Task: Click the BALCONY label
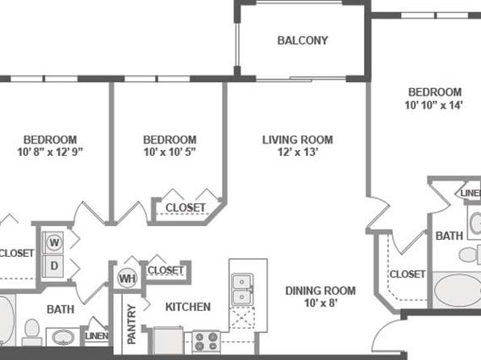pyautogui.click(x=303, y=40)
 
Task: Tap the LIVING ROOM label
pyautogui.click(x=297, y=140)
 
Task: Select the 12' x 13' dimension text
pyautogui.click(x=297, y=152)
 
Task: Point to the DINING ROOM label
pyautogui.click(x=320, y=291)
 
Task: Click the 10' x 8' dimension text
pyautogui.click(x=320, y=303)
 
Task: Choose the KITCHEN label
pyautogui.click(x=188, y=307)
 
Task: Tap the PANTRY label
pyautogui.click(x=132, y=324)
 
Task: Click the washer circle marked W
pyautogui.click(x=54, y=242)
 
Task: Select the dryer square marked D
pyautogui.click(x=54, y=266)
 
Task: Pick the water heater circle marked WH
pyautogui.click(x=127, y=278)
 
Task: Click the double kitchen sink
pyautogui.click(x=242, y=289)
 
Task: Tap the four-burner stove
pyautogui.click(x=206, y=341)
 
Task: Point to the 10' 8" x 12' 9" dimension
pyautogui.click(x=50, y=152)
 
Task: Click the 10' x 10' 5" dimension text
pyautogui.click(x=169, y=152)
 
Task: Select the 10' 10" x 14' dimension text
pyautogui.click(x=433, y=105)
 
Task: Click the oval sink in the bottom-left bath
pyautogui.click(x=63, y=337)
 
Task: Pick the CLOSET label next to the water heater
pyautogui.click(x=165, y=270)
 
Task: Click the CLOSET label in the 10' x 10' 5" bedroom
pyautogui.click(x=186, y=207)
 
